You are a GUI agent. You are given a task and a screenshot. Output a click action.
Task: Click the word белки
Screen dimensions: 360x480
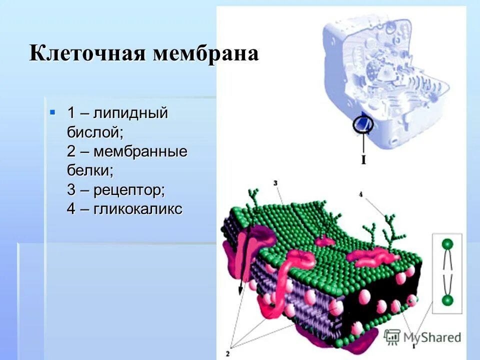click(90, 170)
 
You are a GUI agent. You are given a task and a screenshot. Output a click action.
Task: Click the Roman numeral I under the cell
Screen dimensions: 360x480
click(363, 160)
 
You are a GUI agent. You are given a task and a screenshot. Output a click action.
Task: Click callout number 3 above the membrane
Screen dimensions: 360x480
click(276, 183)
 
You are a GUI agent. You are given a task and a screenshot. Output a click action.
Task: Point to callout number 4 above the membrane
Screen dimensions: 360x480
click(360, 193)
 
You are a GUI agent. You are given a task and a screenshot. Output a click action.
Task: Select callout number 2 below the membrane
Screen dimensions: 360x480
click(233, 347)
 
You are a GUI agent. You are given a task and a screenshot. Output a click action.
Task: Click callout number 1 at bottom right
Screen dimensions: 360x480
click(414, 345)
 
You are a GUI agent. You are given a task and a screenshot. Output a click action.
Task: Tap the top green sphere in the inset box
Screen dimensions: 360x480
click(447, 244)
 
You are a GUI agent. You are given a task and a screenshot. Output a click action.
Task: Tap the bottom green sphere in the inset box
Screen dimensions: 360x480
click(447, 300)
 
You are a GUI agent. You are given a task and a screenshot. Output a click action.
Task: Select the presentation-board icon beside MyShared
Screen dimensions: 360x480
click(393, 336)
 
